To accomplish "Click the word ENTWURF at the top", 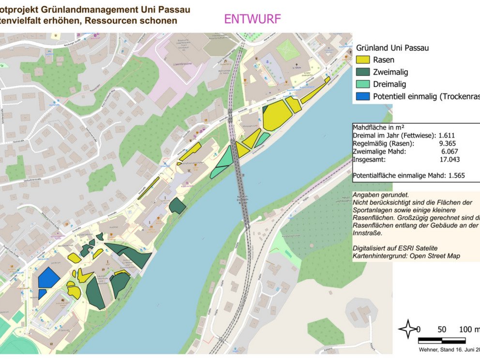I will pyautogui.click(x=252, y=19).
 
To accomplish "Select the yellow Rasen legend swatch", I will pyautogui.click(x=363, y=60).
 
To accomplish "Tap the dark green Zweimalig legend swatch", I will pyautogui.click(x=363, y=72).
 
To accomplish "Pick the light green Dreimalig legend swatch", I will pyautogui.click(x=363, y=84).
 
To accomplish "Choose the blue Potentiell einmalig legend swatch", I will pyautogui.click(x=363, y=96).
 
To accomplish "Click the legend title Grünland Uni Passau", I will pyautogui.click(x=392, y=48).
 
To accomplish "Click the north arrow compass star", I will pyautogui.click(x=407, y=329).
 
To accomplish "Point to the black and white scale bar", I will pyautogui.click(x=441, y=341).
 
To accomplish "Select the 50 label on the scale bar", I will pyautogui.click(x=441, y=330).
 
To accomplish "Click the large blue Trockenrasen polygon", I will pyautogui.click(x=48, y=278).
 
